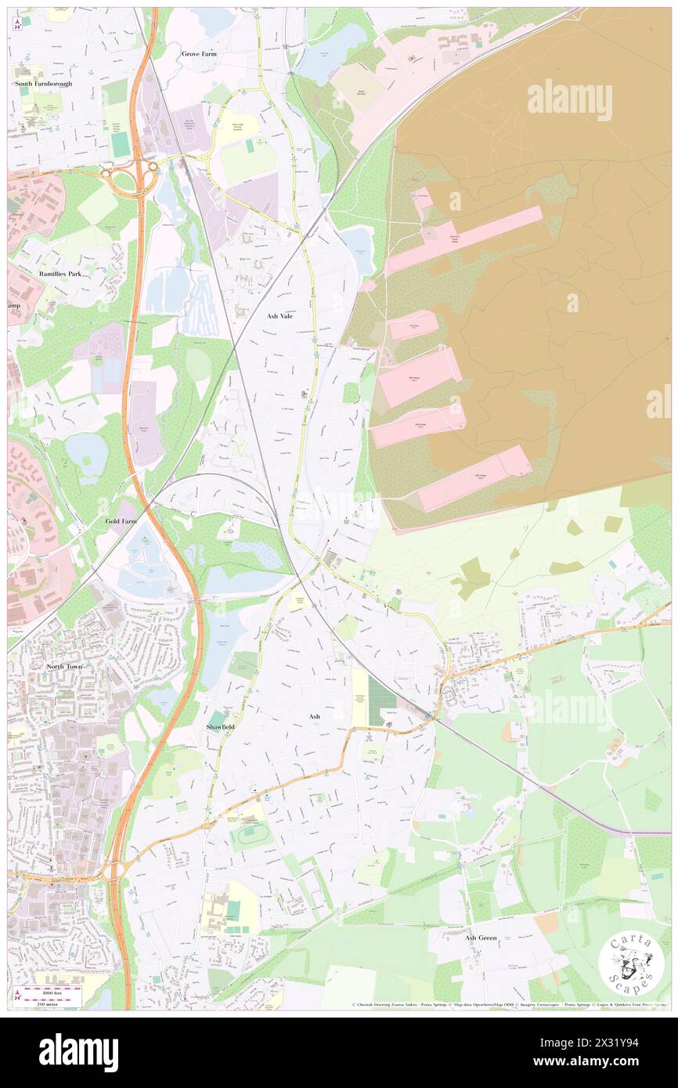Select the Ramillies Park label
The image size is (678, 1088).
(65, 274)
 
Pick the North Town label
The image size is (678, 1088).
(63, 666)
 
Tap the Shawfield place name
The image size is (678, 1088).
(220, 727)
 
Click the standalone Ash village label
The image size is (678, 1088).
(315, 716)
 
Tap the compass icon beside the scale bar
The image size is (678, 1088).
(16, 995)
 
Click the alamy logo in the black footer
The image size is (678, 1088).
(79, 1052)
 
